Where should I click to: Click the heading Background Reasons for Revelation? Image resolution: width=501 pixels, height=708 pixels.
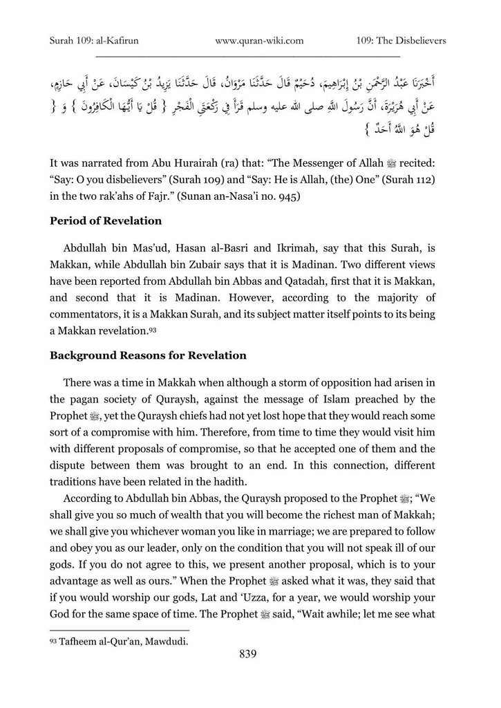pos(148,355)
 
